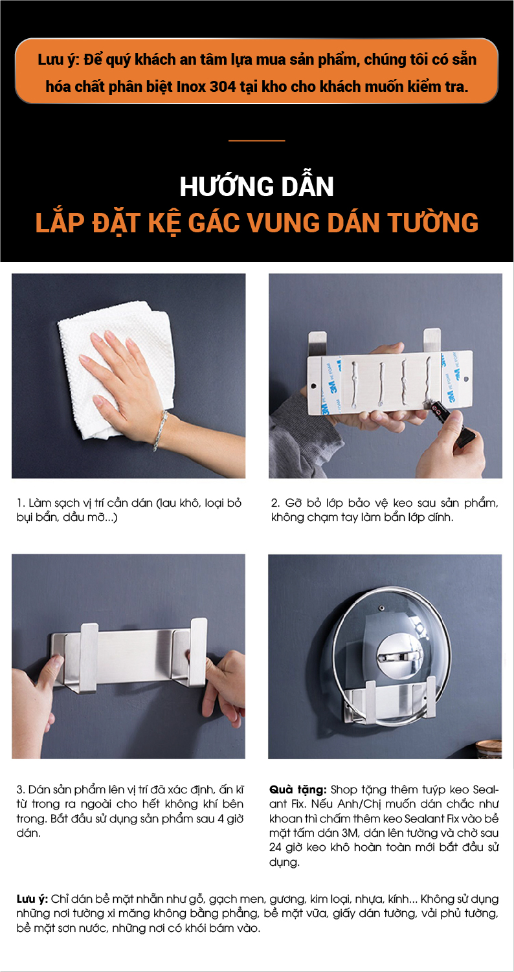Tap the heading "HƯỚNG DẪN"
tap(257, 186)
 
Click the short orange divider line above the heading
tap(257, 140)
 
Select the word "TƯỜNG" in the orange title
tap(433, 223)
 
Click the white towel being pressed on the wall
tap(117, 369)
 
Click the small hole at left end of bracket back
tap(313, 384)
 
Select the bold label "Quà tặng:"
tap(298, 790)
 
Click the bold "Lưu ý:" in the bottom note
tap(32, 899)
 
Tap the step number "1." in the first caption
tap(21, 503)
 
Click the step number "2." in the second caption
tap(276, 503)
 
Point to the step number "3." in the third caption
tap(21, 790)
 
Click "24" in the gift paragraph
tap(275, 847)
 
